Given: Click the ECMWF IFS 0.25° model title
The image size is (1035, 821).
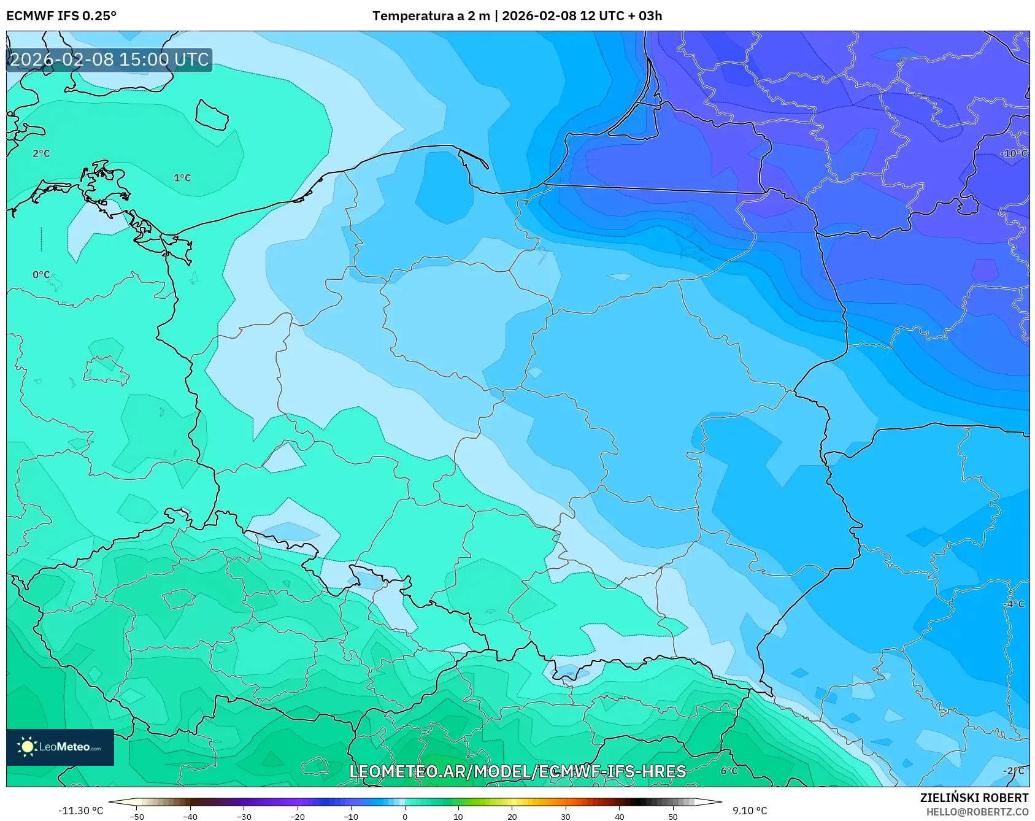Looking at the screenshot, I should click(61, 16).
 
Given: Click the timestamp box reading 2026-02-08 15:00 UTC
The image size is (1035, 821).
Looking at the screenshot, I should click(109, 60).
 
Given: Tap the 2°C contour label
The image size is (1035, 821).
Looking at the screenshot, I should click(41, 153).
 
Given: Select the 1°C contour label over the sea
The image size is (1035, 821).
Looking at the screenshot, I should click(182, 178).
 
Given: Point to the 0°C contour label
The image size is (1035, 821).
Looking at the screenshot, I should click(41, 275).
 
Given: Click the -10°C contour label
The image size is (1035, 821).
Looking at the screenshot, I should click(1013, 153).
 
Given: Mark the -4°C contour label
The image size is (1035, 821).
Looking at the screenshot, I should click(1014, 604).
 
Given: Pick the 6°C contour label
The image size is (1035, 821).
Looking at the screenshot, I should click(729, 771).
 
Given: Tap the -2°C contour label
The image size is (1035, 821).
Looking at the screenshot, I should click(1014, 771).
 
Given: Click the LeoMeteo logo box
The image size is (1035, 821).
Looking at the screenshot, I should click(60, 747).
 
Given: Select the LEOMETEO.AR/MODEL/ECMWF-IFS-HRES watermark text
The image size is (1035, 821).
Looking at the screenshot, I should click(517, 771).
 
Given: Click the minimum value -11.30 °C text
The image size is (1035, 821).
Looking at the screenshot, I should click(80, 811).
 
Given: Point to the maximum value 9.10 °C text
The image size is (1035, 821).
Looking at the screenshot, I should click(749, 811).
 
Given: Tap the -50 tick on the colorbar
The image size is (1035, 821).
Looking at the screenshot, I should click(137, 816).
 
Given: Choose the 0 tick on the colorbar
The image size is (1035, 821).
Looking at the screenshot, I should click(405, 816).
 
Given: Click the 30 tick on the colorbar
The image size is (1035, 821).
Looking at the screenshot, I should click(566, 816).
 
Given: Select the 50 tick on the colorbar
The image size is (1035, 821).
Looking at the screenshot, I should click(673, 816).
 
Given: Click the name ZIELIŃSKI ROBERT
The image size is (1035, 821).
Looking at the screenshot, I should click(974, 798).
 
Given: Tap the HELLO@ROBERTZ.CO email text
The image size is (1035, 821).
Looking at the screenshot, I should click(977, 812).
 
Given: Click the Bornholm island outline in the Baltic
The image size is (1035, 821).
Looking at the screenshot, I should click(212, 115).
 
